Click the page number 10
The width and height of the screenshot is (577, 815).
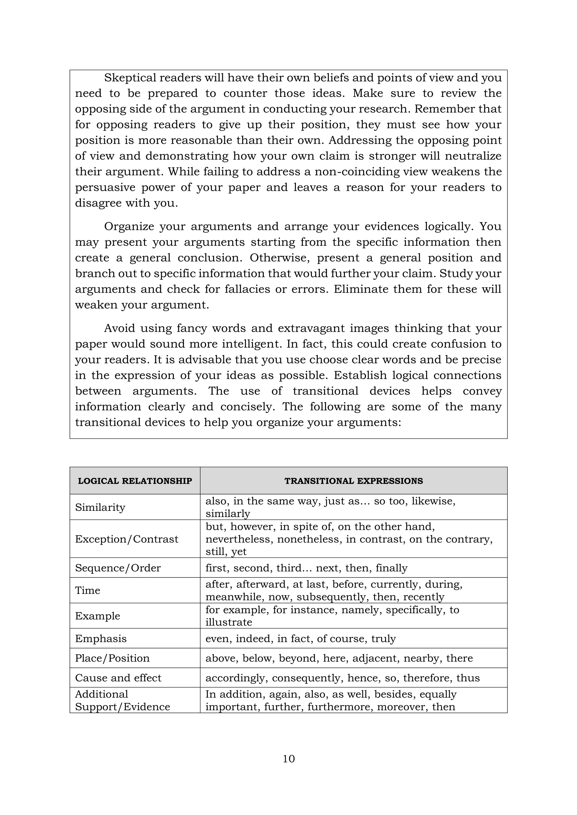point(288,758)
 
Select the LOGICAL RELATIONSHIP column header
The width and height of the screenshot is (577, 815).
point(135,481)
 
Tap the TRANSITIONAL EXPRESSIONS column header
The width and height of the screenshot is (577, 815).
point(354,481)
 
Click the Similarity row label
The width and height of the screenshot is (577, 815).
point(100,507)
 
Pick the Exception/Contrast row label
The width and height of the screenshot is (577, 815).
point(127,539)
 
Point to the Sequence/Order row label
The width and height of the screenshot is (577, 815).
point(118,568)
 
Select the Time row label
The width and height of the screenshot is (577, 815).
point(88,590)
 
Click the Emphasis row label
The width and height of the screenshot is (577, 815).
point(101,639)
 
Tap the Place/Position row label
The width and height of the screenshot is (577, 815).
point(112,658)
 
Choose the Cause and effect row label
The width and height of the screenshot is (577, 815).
point(118,678)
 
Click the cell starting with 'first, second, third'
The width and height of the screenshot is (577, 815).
point(306,568)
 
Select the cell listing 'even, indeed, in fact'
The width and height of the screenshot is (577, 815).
point(301,639)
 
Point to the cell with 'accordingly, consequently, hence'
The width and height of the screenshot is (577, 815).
point(343,678)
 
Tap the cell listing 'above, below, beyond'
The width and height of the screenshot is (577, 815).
point(339,658)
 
